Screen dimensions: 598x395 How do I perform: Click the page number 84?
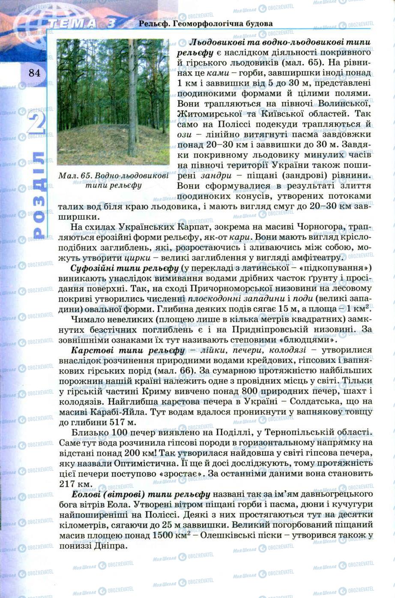coord(34,73)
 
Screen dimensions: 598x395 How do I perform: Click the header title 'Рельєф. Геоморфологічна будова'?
coord(206,24)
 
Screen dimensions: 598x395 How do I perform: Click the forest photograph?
coord(113,102)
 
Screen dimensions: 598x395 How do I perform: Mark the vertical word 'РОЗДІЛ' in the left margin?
coord(38,195)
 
